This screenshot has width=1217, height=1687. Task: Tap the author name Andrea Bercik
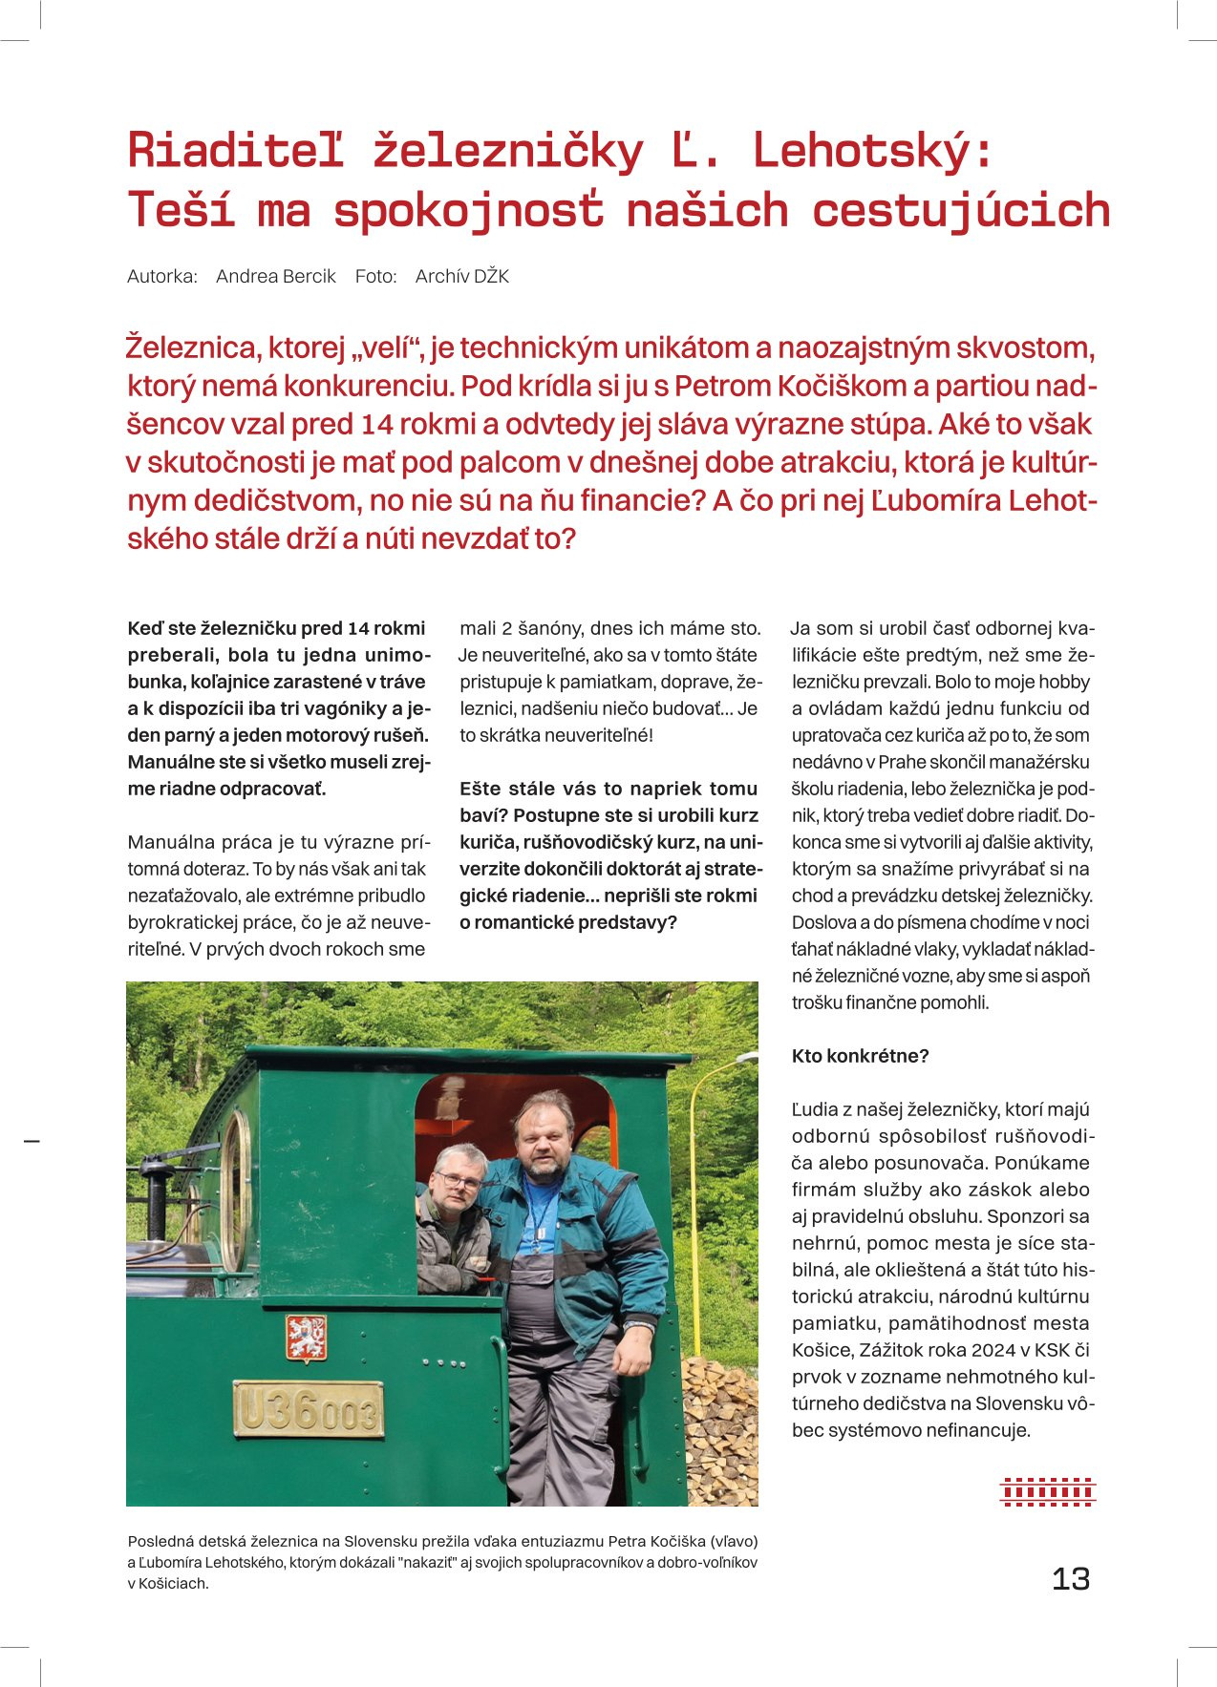coord(275,276)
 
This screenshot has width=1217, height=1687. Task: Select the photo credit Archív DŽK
coord(462,276)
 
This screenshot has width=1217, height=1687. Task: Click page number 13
coord(1070,1578)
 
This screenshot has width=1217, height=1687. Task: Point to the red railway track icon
coord(1047,1491)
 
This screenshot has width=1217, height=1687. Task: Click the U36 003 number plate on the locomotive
coord(308,1408)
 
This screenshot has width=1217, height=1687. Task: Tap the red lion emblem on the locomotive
coord(307,1337)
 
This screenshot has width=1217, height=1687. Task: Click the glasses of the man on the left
coord(459,1181)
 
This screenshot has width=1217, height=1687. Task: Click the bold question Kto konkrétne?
coord(860,1056)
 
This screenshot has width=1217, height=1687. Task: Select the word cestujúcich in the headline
coord(961,211)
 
